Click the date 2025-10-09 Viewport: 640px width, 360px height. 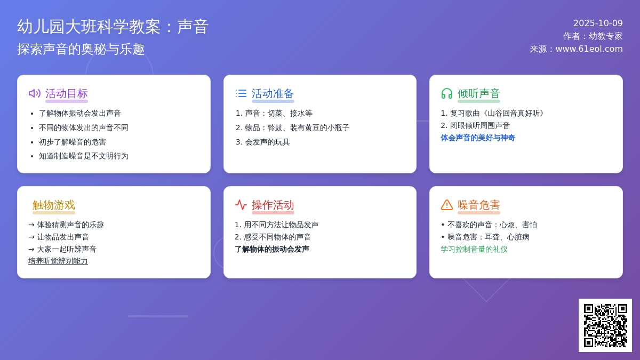598,23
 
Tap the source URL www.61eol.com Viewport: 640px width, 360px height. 589,49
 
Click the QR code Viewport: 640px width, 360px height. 605,325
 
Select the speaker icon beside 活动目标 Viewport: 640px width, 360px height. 35,93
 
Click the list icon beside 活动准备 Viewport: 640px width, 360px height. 241,93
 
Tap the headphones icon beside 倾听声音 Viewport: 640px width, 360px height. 447,93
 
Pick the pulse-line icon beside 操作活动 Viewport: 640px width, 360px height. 241,205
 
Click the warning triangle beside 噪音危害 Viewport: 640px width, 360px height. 447,205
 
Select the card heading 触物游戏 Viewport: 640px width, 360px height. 54,205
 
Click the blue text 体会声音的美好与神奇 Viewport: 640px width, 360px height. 478,138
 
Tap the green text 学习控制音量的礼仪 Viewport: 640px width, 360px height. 474,249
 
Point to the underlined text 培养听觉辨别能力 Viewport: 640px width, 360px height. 58,261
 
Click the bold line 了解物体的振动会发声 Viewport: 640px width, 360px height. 272,249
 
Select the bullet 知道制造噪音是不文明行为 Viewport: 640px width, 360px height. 84,156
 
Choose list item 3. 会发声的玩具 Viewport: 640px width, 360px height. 262,142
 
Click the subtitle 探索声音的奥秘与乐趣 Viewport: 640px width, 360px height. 81,49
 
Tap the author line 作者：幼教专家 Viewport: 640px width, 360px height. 593,36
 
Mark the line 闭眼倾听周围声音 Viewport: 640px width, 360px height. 475,125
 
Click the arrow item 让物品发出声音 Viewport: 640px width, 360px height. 59,237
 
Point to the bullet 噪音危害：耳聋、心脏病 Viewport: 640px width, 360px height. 485,237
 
